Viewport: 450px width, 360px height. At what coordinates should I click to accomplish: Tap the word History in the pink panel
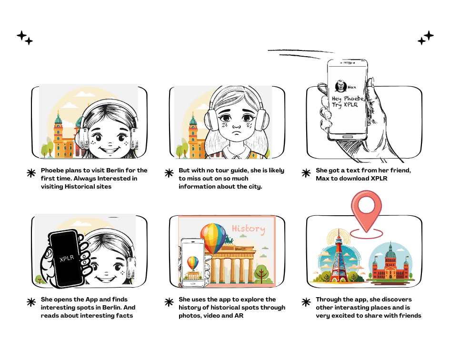pyautogui.click(x=248, y=229)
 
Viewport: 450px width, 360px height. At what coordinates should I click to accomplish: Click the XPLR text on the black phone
pyautogui.click(x=67, y=259)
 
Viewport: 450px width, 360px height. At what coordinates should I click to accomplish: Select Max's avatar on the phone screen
pyautogui.click(x=340, y=86)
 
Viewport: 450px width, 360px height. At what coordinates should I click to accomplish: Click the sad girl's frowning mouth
pyautogui.click(x=237, y=133)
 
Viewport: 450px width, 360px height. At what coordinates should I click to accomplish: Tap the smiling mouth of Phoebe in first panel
pyautogui.click(x=110, y=150)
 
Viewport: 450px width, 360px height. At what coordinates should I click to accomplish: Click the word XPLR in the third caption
pyautogui.click(x=379, y=178)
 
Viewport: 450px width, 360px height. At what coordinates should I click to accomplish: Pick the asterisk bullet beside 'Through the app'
pyautogui.click(x=306, y=302)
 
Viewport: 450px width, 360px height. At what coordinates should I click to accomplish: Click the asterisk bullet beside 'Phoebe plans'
pyautogui.click(x=31, y=173)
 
